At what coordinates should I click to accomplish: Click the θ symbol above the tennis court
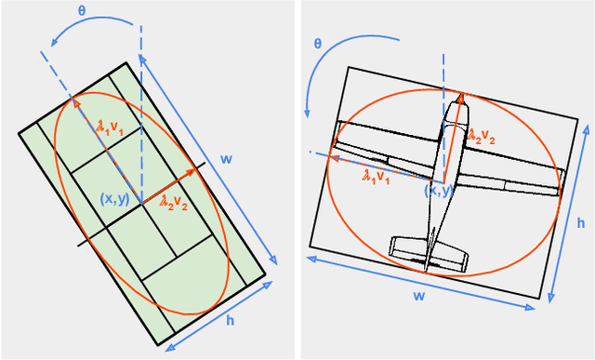point(82,10)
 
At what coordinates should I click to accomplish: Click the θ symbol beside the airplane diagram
point(318,44)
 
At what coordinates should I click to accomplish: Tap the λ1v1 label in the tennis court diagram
point(110,127)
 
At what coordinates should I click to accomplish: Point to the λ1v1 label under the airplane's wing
point(376,177)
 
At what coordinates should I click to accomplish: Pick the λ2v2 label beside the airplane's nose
point(482,136)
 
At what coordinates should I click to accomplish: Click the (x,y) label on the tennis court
point(115,199)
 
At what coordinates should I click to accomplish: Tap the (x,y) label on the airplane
point(438,190)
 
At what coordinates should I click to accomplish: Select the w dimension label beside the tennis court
point(226,159)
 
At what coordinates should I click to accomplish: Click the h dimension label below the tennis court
point(230,321)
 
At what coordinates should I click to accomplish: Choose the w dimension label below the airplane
point(418,296)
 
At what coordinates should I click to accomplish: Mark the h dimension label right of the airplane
point(581,223)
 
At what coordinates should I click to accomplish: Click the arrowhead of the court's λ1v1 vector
point(75,102)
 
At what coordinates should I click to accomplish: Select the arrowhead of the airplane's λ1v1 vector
point(334,158)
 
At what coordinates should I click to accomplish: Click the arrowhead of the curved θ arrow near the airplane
point(307,113)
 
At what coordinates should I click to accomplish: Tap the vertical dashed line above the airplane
point(443,73)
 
